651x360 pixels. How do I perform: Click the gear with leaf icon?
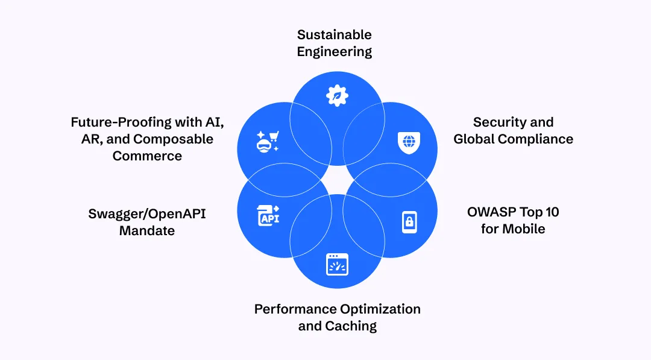point(337,95)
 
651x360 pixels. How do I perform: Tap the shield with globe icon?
point(409,142)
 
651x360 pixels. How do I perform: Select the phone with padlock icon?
point(409,222)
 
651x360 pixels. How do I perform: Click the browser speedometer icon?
point(337,265)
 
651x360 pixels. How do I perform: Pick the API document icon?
point(268,215)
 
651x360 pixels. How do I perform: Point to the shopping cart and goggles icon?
point(268,142)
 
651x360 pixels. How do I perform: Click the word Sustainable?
point(334,34)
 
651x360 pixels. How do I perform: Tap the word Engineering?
point(334,52)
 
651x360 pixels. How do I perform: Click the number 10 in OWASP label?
point(552,212)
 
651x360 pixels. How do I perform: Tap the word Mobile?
point(524,229)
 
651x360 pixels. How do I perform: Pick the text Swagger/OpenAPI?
point(147,214)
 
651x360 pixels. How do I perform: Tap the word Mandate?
point(147,231)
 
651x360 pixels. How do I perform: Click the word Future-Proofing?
point(121,122)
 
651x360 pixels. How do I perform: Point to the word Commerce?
point(147,156)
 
